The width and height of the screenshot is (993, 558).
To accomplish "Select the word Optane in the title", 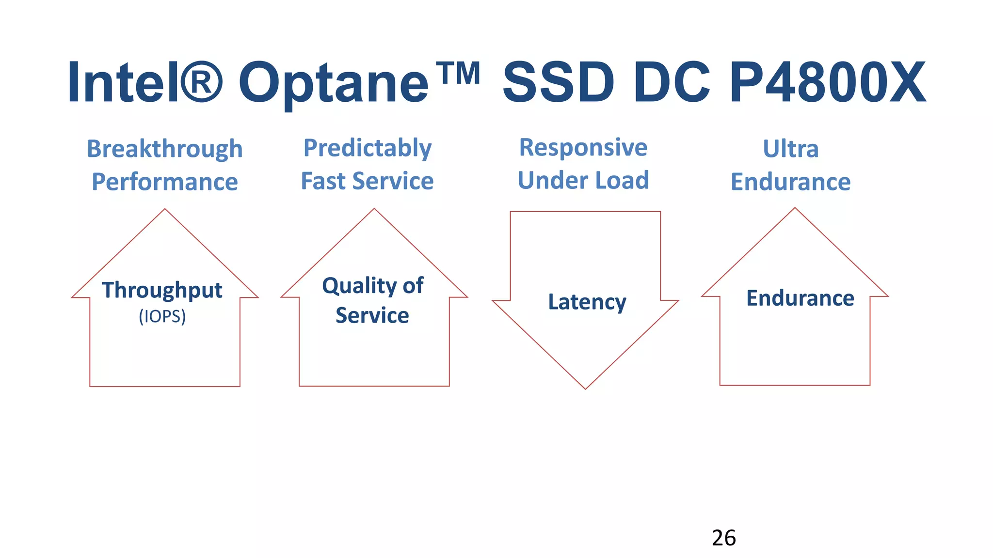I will click(334, 83).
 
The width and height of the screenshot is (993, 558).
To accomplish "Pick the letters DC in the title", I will click(672, 82).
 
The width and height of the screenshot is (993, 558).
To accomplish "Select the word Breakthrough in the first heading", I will click(164, 149).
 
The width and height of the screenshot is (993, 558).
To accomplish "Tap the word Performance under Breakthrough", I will click(164, 182).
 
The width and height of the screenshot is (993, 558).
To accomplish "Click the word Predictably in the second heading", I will click(367, 148).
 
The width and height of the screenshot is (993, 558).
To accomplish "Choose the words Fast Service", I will click(367, 181).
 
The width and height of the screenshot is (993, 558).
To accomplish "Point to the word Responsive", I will click(583, 147).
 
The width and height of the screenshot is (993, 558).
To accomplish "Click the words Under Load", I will click(583, 180).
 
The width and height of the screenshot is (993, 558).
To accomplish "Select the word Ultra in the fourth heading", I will click(790, 149).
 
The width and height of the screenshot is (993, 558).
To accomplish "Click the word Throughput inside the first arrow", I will click(162, 291).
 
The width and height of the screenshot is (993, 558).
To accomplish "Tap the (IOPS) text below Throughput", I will click(162, 316).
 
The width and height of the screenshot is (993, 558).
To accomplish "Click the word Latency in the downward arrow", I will click(587, 302).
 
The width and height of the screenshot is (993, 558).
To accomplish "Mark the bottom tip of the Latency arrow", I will click(585, 387).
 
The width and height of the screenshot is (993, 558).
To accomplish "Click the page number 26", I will click(723, 538).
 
